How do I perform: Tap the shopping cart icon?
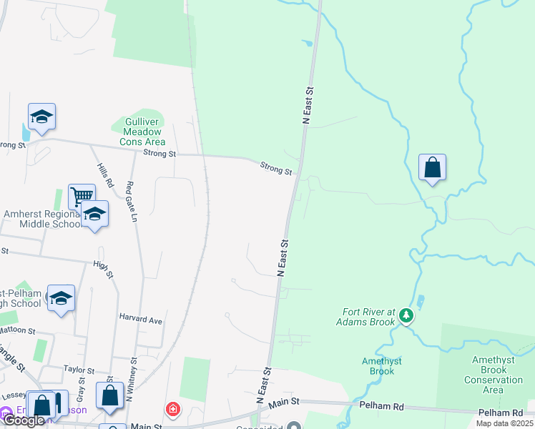pyautogui.click(x=82, y=195)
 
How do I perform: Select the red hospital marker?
pyautogui.click(x=172, y=410)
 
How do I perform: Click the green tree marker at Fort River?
pyautogui.click(x=406, y=315)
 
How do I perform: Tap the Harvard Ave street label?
pyautogui.click(x=141, y=320)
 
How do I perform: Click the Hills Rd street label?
pyautogui.click(x=105, y=174)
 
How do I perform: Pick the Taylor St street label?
pyautogui.click(x=79, y=370)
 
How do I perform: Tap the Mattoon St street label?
pyautogui.click(x=17, y=331)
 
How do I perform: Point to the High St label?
pyautogui.click(x=104, y=269)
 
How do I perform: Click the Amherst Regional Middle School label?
pyautogui.click(x=43, y=219)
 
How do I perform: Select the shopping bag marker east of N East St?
pyautogui.click(x=432, y=168)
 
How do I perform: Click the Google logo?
pyautogui.click(x=24, y=420)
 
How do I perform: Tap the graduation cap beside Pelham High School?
pyautogui.click(x=61, y=298)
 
